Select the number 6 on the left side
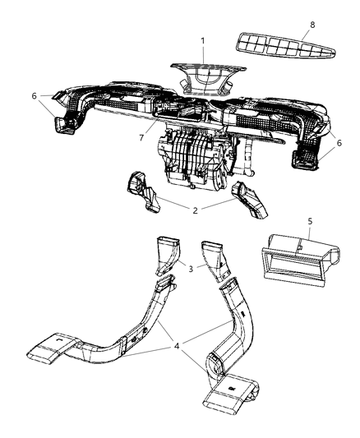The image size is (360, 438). click(34, 96)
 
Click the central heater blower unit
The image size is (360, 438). click(195, 159)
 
